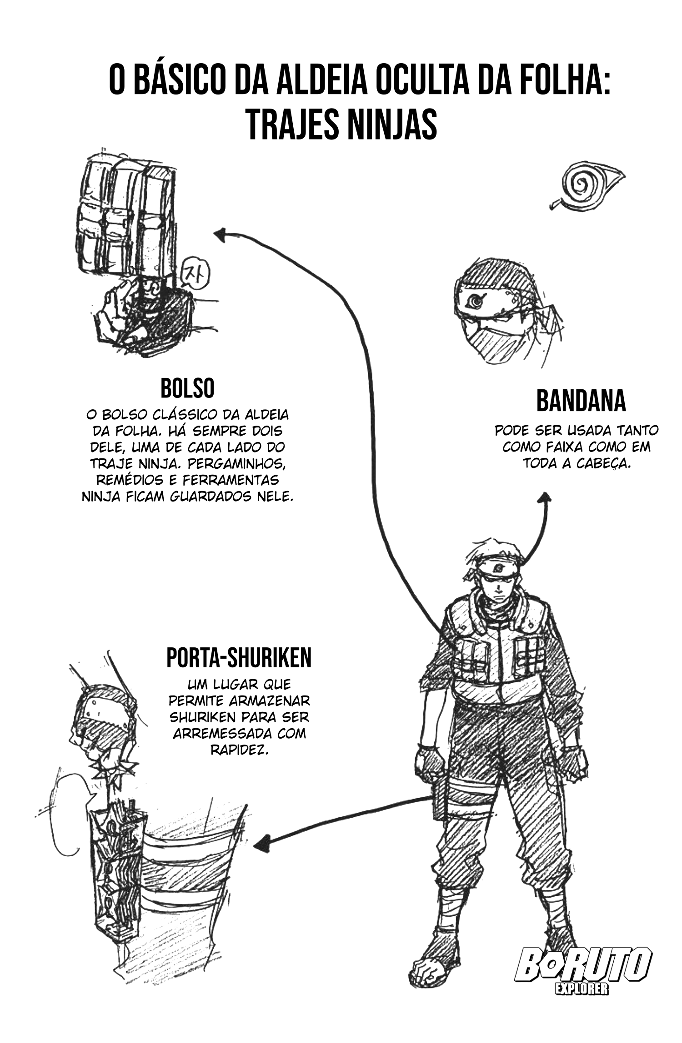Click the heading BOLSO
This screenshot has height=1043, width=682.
187,388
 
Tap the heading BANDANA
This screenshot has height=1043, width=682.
581,401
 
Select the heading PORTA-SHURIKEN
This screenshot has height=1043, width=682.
239,657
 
